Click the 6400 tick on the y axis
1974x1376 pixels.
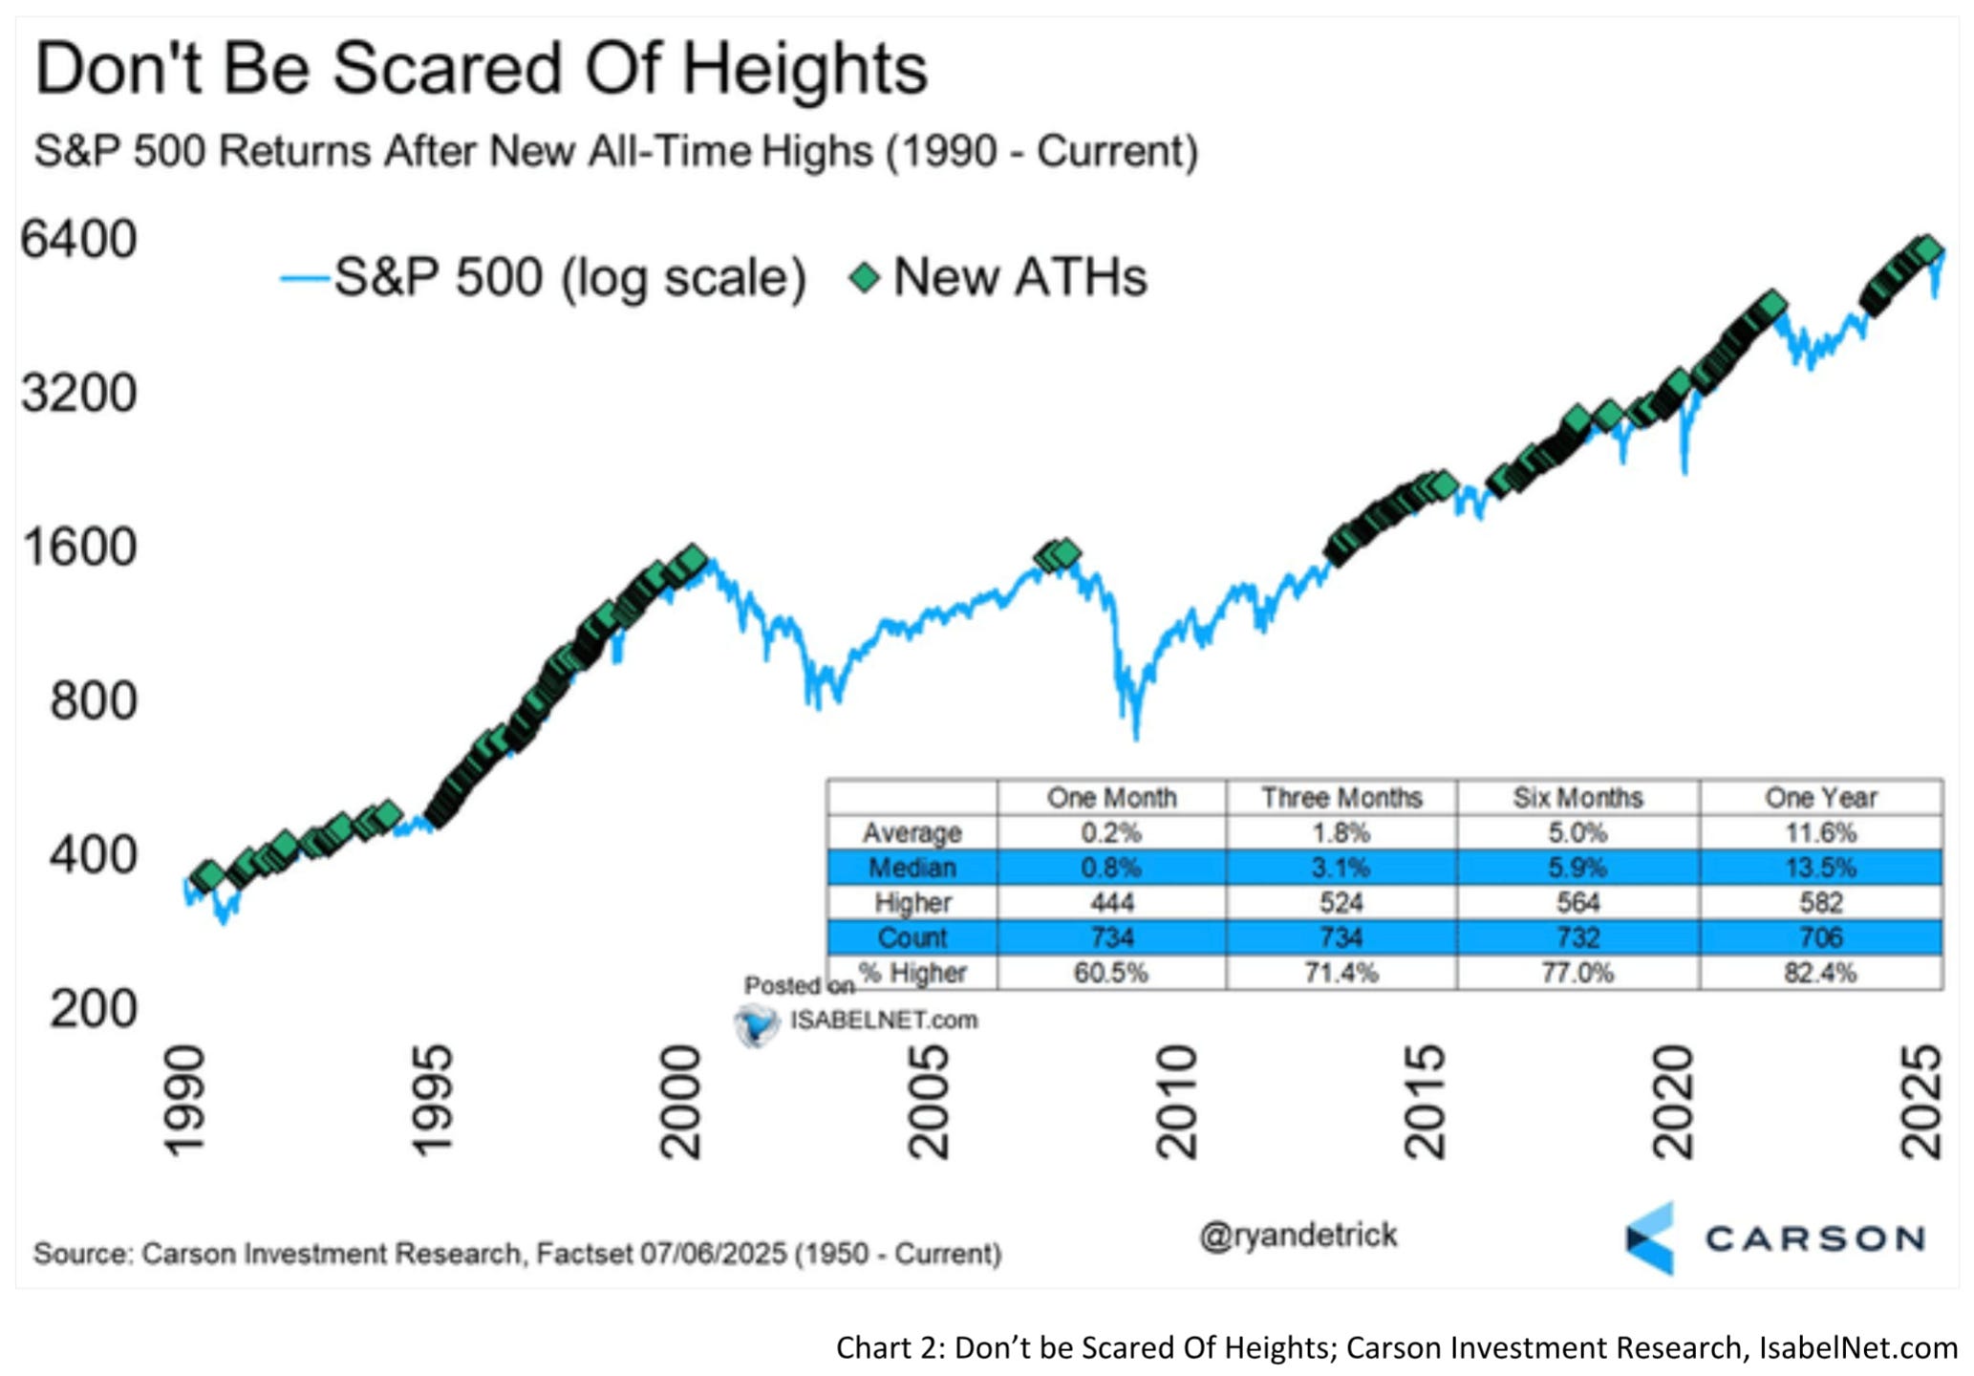tap(79, 240)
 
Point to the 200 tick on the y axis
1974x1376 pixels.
tap(93, 1009)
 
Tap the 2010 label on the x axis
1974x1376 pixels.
tap(1176, 1103)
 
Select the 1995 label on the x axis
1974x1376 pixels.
tap(432, 1103)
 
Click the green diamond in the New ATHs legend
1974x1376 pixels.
tap(865, 278)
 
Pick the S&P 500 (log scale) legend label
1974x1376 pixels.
tap(570, 278)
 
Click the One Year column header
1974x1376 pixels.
tap(1820, 798)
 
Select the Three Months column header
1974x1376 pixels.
tap(1341, 798)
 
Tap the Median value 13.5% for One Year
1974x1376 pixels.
tap(1820, 868)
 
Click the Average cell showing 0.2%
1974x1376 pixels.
tap(1111, 833)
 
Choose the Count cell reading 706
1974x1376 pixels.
tap(1820, 937)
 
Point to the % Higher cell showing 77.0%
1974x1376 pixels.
tap(1577, 973)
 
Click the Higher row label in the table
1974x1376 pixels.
tap(912, 903)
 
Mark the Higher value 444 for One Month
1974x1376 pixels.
tap(1111, 903)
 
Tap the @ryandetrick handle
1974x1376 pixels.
tap(1298, 1236)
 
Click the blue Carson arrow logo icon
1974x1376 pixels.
tap(1651, 1238)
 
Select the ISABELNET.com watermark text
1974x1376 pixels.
tap(883, 1021)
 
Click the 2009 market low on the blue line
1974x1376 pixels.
tap(1136, 737)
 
